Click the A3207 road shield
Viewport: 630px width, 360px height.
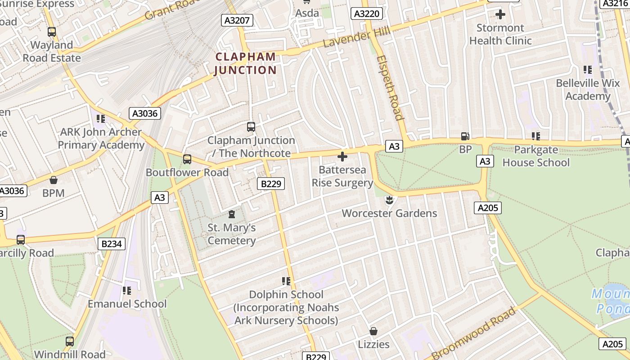237,20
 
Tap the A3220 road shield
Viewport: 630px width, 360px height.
367,14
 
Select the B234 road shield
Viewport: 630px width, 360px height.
111,244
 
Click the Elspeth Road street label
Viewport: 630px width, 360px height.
390,88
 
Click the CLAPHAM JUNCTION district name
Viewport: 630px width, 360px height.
245,63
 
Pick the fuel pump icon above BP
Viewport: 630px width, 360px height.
465,136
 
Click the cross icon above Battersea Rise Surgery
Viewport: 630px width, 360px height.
342,157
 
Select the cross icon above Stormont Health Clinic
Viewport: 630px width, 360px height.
500,14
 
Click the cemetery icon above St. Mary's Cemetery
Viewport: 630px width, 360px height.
232,214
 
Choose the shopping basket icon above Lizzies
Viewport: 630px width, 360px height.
373,331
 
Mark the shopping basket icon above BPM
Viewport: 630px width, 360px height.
54,180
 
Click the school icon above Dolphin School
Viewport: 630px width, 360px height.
286,281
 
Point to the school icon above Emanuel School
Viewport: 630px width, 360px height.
127,291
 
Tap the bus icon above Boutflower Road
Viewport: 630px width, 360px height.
187,159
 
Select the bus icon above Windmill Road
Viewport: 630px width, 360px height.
70,342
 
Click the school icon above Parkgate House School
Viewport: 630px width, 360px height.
535,136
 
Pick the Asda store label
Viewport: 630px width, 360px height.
307,13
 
